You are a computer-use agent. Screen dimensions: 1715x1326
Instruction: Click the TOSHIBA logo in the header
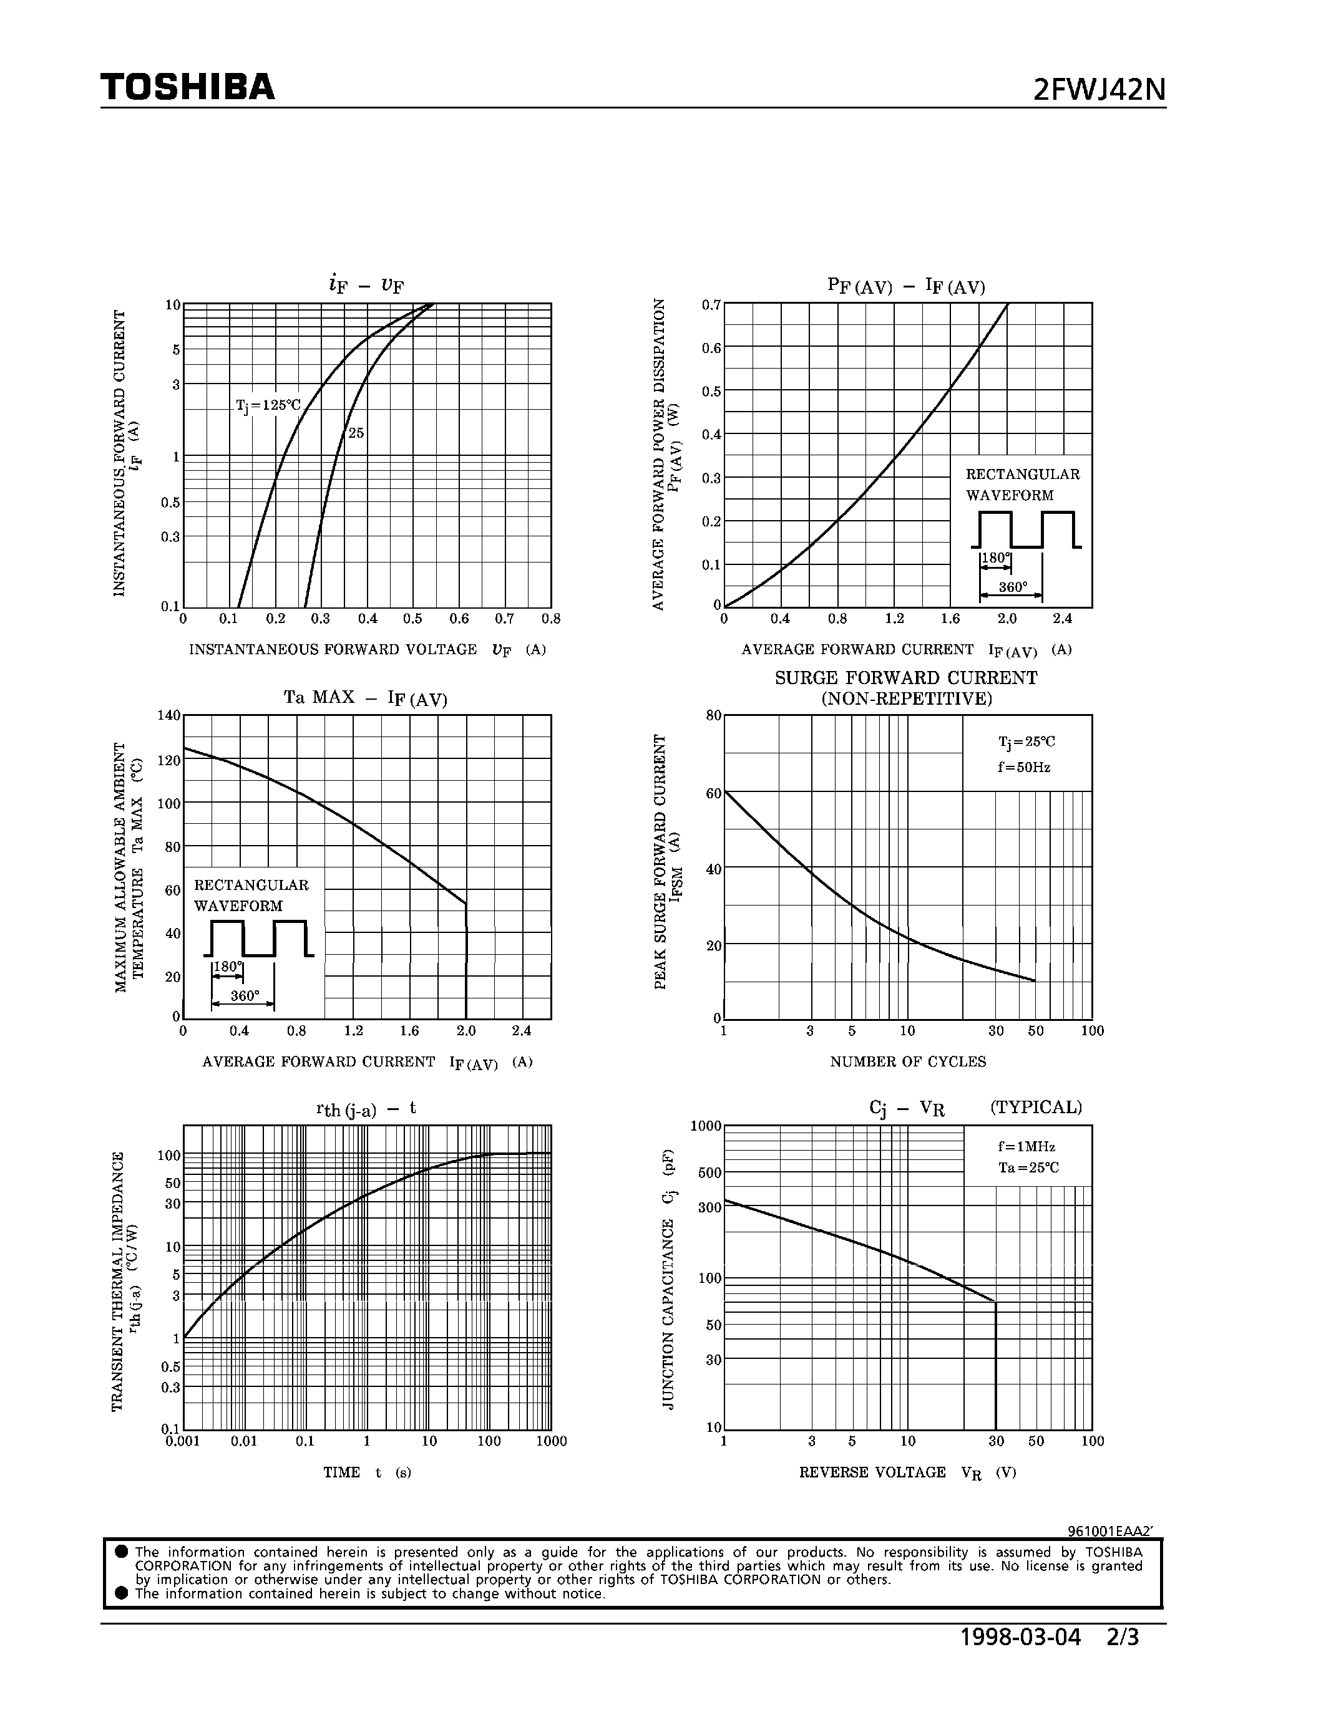[x=188, y=87]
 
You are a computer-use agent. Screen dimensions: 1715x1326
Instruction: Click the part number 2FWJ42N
[x=1099, y=91]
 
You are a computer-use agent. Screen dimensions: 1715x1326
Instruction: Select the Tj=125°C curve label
[x=268, y=406]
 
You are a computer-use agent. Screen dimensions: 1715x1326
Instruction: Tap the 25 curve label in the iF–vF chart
[x=356, y=433]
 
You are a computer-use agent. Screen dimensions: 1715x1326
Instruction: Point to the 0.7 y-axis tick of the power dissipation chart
[x=711, y=305]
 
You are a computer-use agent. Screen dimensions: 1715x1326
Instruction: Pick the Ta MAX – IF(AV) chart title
[x=365, y=698]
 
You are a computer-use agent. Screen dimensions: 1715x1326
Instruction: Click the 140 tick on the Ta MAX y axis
[x=169, y=715]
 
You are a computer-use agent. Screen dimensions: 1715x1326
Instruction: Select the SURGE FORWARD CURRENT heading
[x=905, y=678]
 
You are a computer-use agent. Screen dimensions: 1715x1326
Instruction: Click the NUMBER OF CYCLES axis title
[x=907, y=1061]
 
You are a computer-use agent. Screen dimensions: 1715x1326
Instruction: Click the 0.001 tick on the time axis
[x=182, y=1441]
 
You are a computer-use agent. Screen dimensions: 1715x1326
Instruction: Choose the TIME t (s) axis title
[x=367, y=1472]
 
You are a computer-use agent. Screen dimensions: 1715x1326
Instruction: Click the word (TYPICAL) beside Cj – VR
[x=1035, y=1107]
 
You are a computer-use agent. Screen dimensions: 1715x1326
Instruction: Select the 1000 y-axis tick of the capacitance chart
[x=705, y=1126]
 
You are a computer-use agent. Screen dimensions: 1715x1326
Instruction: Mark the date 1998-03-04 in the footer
[x=1020, y=1637]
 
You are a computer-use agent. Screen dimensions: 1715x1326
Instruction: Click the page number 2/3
[x=1122, y=1637]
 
